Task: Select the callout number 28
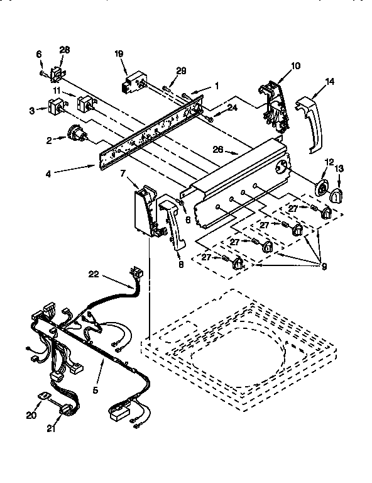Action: pos(64,50)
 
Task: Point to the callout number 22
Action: pos(94,274)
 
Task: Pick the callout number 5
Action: pos(96,389)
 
